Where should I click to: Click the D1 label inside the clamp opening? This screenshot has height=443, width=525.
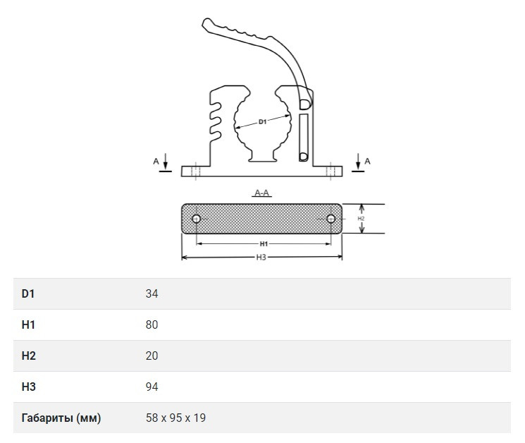click(x=262, y=122)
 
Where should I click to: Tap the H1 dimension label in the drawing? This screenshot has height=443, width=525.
click(x=264, y=244)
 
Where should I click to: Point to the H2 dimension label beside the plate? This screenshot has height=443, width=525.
click(x=361, y=219)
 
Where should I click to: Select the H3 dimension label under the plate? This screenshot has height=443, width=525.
click(x=261, y=257)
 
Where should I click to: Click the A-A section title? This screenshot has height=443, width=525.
click(x=262, y=193)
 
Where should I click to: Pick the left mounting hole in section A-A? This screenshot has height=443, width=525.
click(x=197, y=219)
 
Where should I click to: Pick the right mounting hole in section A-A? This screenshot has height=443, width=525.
click(x=331, y=219)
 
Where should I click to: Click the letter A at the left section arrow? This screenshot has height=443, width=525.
click(x=156, y=162)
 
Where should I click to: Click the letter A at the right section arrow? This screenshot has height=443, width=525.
click(x=367, y=162)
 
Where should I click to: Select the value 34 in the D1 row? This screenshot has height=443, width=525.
click(x=152, y=293)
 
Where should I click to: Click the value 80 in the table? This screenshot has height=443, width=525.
click(x=152, y=324)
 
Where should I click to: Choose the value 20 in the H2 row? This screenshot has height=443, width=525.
click(x=152, y=356)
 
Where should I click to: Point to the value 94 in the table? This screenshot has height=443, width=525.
click(x=152, y=387)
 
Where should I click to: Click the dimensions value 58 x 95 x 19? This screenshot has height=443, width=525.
click(x=175, y=418)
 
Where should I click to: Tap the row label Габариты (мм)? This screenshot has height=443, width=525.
click(x=61, y=418)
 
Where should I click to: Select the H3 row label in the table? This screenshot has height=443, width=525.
click(x=28, y=387)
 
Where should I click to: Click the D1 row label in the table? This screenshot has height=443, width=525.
click(x=28, y=293)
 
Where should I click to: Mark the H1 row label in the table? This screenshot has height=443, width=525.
click(x=28, y=324)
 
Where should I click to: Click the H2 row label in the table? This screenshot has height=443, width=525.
click(x=28, y=356)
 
